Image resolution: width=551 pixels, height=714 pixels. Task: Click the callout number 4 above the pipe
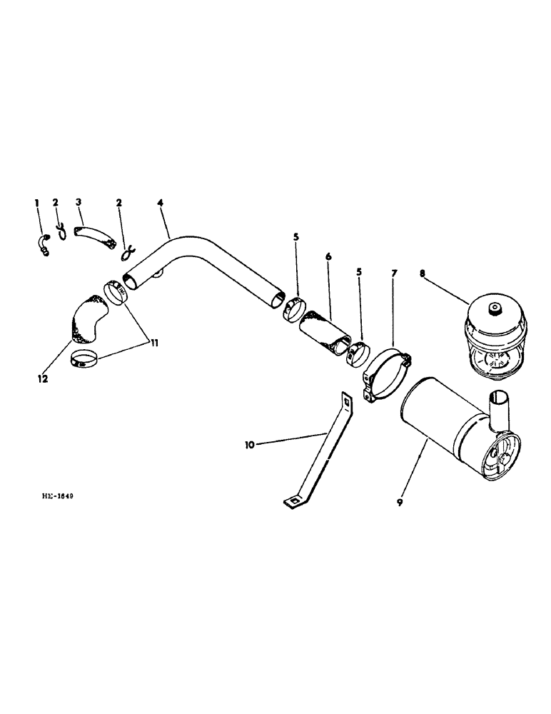[x=161, y=203]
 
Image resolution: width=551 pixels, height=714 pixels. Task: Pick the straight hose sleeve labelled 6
[x=324, y=333]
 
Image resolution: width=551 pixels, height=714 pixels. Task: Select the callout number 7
[x=394, y=273]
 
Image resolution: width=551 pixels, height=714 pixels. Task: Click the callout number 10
[x=249, y=445]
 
